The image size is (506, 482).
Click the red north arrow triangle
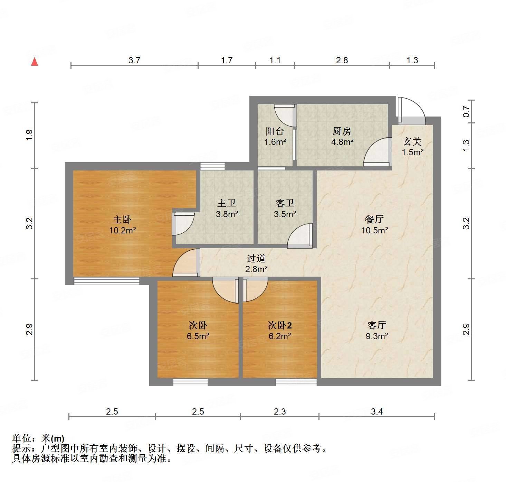(35, 62)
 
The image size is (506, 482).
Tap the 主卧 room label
(122, 219)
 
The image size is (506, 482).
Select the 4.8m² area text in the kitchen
(342, 142)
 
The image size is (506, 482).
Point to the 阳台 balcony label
(275, 131)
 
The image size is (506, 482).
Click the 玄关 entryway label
(412, 142)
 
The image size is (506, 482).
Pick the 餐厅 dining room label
(374, 219)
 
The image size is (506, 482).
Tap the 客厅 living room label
(376, 325)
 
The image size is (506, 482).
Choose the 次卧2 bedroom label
(280, 325)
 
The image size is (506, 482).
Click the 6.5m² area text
(198, 336)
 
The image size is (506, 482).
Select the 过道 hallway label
(256, 258)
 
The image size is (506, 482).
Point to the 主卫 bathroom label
(227, 203)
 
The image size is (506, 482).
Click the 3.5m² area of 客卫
(285, 214)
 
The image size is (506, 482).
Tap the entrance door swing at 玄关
(413, 110)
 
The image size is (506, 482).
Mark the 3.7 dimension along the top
(134, 61)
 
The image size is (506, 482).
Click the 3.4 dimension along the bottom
(377, 411)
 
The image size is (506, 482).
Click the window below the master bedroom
(106, 281)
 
